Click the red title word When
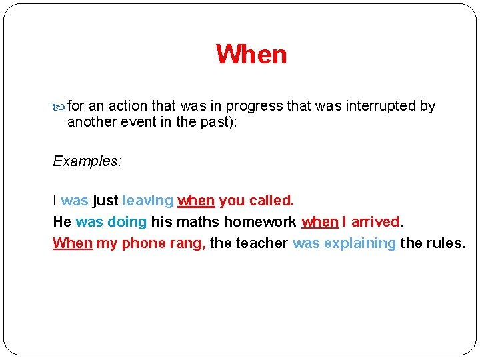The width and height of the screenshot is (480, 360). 251,55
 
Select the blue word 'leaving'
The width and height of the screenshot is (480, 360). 148,201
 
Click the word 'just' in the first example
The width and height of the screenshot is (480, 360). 105,201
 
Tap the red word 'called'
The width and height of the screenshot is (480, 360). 271,201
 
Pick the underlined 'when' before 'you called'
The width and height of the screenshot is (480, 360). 196,201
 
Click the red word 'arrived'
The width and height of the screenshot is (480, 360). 376,222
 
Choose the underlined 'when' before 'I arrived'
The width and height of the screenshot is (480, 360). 320,222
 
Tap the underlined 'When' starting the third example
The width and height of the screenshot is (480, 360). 73,243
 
